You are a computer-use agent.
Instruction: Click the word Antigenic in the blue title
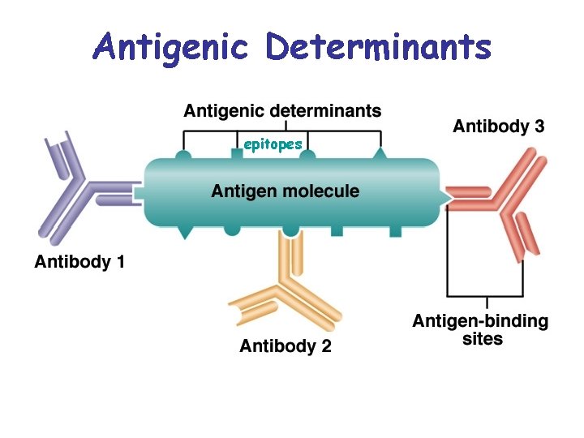pos(170,49)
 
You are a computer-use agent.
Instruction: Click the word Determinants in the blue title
pos(379,47)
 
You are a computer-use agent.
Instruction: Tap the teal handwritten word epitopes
pos(273,144)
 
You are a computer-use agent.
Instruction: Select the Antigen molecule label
pos(286,191)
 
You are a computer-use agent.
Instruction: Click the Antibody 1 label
pos(79,261)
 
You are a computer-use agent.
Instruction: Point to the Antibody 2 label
pos(286,346)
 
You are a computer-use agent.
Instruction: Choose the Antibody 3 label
pos(499,126)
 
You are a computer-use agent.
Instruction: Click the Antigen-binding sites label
pos(480,329)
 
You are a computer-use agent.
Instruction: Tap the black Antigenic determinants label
pos(282,110)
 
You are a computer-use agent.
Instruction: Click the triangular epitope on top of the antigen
pos(380,153)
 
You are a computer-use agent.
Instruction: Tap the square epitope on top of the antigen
pos(237,153)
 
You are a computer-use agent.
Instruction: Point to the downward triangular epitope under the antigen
pos(184,232)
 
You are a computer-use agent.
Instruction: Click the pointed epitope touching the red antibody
pos(446,196)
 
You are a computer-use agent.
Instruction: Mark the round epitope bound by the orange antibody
pos(291,231)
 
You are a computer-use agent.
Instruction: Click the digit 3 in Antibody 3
pos(539,126)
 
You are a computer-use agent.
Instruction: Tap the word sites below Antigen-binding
pos(483,339)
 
